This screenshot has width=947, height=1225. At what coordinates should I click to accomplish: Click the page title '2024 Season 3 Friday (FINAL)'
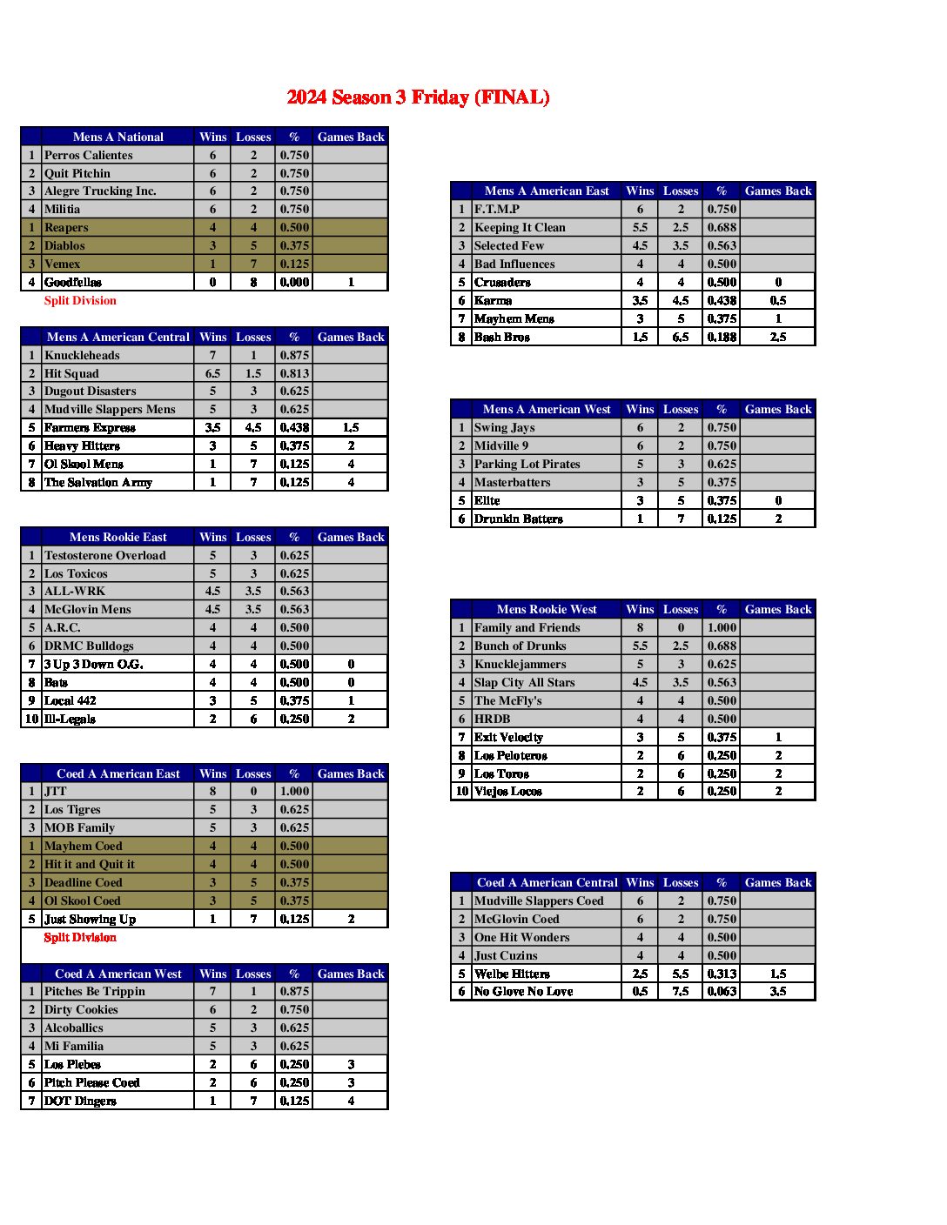pos(418,97)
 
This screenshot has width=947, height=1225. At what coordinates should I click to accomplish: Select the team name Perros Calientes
pos(89,155)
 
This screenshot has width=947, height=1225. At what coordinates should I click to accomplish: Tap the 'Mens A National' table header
pos(118,137)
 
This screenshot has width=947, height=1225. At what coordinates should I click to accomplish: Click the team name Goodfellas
pos(73,282)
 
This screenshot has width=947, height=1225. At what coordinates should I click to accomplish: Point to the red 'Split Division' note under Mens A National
pos(80,301)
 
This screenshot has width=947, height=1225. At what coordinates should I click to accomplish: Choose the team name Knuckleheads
pos(82,355)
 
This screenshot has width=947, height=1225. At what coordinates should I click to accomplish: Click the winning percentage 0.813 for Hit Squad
pos(294,373)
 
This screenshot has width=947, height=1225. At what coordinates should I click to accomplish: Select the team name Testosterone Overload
pos(104,555)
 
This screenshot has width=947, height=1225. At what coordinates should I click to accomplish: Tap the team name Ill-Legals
pos(70,719)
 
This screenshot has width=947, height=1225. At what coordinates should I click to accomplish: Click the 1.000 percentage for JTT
pos(294,791)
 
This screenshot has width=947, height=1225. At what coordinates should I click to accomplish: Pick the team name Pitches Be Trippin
pos(95,991)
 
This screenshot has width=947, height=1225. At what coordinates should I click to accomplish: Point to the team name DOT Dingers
pos(80,1101)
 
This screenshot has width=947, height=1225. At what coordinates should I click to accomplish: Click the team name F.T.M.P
pos(497,209)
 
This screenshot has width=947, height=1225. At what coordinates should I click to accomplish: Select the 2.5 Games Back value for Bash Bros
pos(778,337)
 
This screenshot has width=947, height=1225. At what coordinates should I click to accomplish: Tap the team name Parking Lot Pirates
pos(527,464)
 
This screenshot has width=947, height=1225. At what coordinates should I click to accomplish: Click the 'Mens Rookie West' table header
pos(547,609)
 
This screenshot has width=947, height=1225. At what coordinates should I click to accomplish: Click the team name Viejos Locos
pos(508,791)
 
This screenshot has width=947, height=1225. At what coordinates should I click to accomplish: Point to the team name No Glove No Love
pos(524,991)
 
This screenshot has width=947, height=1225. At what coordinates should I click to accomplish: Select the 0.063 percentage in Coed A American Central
pos(722,991)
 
